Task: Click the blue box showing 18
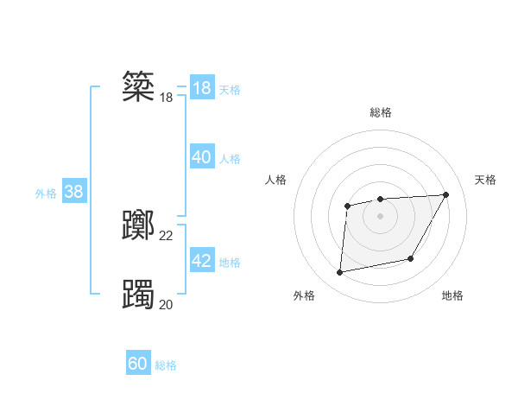pyautogui.click(x=201, y=88)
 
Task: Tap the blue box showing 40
pyautogui.click(x=201, y=157)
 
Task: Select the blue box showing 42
pyautogui.click(x=201, y=261)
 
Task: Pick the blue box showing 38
pyautogui.click(x=73, y=192)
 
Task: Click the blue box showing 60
pyautogui.click(x=138, y=364)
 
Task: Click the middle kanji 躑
pyautogui.click(x=138, y=226)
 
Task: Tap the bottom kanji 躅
pyautogui.click(x=138, y=294)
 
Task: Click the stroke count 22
pyautogui.click(x=167, y=236)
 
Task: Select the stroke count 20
pyautogui.click(x=167, y=303)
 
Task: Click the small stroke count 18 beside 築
pyautogui.click(x=167, y=98)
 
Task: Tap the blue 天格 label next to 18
pyautogui.click(x=230, y=90)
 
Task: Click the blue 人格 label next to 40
pyautogui.click(x=230, y=159)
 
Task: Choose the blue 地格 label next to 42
pyautogui.click(x=230, y=263)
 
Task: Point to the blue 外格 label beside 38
pyautogui.click(x=46, y=193)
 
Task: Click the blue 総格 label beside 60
pyautogui.click(x=166, y=365)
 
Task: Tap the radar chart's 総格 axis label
pyautogui.click(x=381, y=112)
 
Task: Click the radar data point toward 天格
pyautogui.click(x=445, y=194)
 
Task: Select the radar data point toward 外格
pyautogui.click(x=340, y=273)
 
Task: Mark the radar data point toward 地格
pyautogui.click(x=411, y=258)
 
